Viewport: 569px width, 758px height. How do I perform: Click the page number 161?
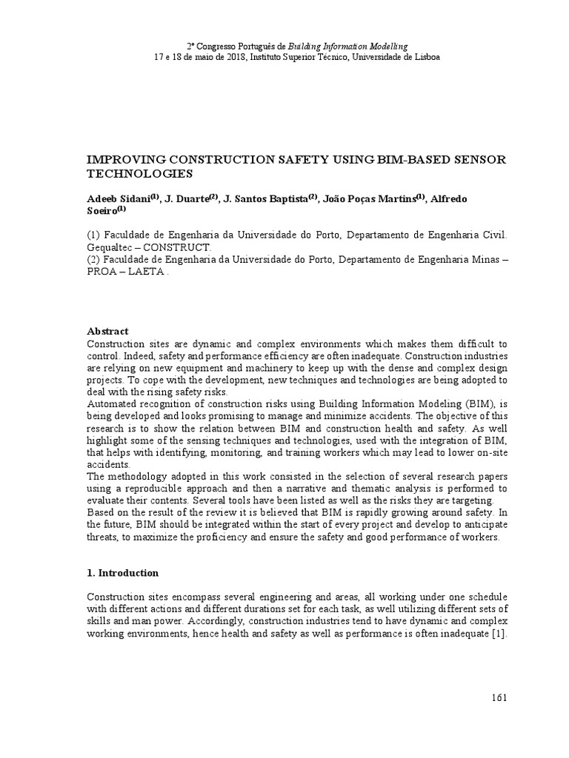point(499,700)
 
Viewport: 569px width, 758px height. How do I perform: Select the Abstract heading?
point(107,331)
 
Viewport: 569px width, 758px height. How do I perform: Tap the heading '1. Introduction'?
point(122,572)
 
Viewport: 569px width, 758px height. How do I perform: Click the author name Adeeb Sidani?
point(119,198)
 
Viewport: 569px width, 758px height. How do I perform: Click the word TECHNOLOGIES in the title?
point(140,174)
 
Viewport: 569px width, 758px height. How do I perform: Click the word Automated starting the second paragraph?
point(111,403)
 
